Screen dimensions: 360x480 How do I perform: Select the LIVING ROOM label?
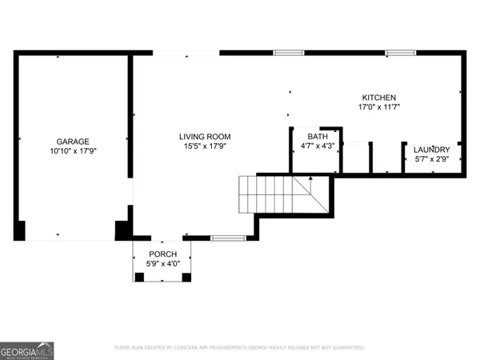pos(204,136)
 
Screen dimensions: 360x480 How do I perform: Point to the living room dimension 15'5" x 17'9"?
pos(204,146)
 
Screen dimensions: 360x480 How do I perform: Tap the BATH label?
pos(318,137)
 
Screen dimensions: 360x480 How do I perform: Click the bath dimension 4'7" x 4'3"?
pos(318,146)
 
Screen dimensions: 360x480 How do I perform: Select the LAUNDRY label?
pos(431,150)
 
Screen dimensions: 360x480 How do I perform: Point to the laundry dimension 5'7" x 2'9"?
pos(431,159)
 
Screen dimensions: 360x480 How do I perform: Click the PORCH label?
pos(162,254)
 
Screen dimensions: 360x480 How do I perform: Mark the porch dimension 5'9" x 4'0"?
pos(162,263)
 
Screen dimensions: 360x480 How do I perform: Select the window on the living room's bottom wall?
pos(227,237)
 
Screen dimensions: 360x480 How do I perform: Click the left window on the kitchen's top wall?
pos(288,53)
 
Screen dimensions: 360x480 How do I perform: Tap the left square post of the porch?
pos(139,277)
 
